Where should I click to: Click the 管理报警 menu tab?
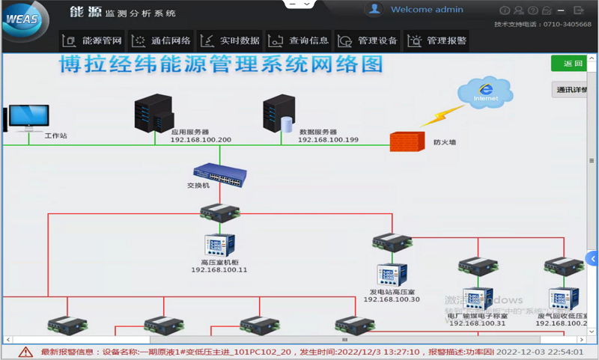point(437,40)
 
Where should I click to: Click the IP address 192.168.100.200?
point(201,140)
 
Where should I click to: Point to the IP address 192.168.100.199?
point(328,140)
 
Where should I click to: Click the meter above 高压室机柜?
point(219,245)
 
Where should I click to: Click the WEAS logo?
point(25,20)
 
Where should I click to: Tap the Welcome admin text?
point(427,10)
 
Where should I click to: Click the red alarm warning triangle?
point(25,351)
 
